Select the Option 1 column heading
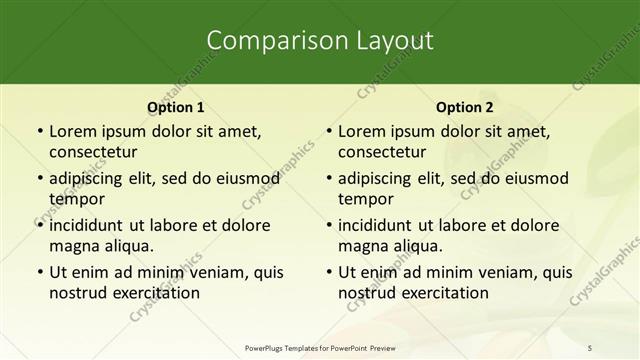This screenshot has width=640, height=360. coord(176,107)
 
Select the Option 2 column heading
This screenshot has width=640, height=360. coord(465,107)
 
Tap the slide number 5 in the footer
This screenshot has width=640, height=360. coord(590,348)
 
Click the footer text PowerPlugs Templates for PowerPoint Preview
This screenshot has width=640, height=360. coord(319,348)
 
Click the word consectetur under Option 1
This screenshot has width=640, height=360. coord(93,152)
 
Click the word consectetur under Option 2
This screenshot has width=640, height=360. coord(382,152)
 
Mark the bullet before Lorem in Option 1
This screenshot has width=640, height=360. coord(39,131)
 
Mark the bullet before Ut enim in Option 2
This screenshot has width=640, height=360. coord(328,272)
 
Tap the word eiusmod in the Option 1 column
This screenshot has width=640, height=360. coord(246,178)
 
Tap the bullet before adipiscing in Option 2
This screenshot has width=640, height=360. coord(328,178)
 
